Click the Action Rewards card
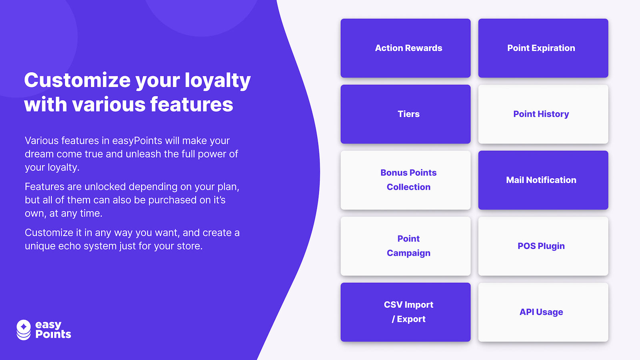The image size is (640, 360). coord(405,48)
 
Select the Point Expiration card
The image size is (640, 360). coord(543,48)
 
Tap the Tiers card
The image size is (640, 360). coord(405,114)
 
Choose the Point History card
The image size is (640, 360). coord(543,114)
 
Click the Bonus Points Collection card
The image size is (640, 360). coord(405,180)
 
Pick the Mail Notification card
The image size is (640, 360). coord(543,180)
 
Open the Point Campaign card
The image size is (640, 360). coord(405,246)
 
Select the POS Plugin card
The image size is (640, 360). coord(543,246)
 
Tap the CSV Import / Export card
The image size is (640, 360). coord(405,312)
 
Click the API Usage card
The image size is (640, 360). coord(543,312)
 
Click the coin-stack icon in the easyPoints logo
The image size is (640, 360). coord(24,330)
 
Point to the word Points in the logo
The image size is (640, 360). coord(53,334)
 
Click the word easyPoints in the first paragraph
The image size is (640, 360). coord(137,141)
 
